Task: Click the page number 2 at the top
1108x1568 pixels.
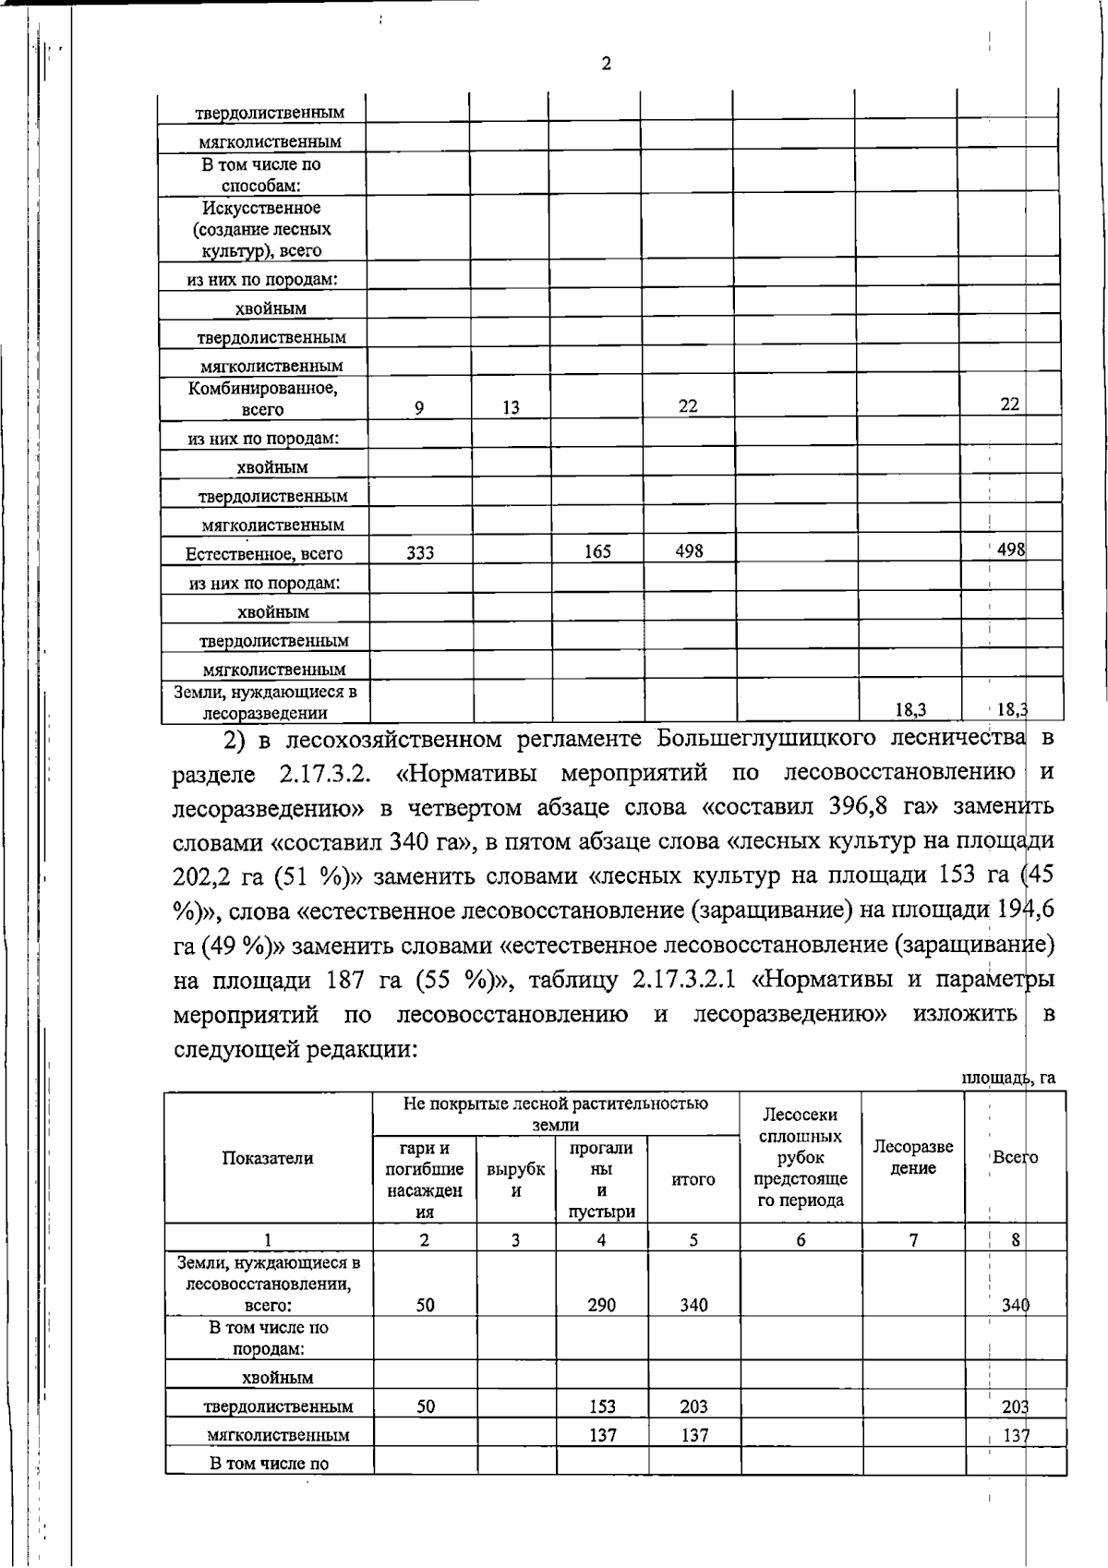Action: click(606, 64)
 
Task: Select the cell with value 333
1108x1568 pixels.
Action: click(420, 552)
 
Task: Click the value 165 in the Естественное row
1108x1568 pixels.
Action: click(597, 552)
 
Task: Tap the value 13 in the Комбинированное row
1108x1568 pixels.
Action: click(511, 407)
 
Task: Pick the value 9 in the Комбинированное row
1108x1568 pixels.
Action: click(419, 407)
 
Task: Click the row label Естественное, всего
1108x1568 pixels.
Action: click(264, 554)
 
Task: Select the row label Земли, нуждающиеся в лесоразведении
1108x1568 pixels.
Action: click(266, 702)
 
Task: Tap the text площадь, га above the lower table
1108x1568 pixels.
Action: click(1008, 1078)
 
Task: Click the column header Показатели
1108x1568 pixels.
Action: click(268, 1158)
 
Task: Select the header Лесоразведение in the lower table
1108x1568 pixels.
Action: click(913, 1157)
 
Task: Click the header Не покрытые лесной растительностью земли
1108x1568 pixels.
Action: click(556, 1114)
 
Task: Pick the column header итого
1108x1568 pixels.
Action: click(693, 1179)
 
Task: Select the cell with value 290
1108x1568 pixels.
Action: click(602, 1305)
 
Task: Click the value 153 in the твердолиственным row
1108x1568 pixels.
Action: click(602, 1406)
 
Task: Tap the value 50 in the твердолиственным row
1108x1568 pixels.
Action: click(425, 1405)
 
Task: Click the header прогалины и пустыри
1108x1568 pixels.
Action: click(601, 1179)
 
